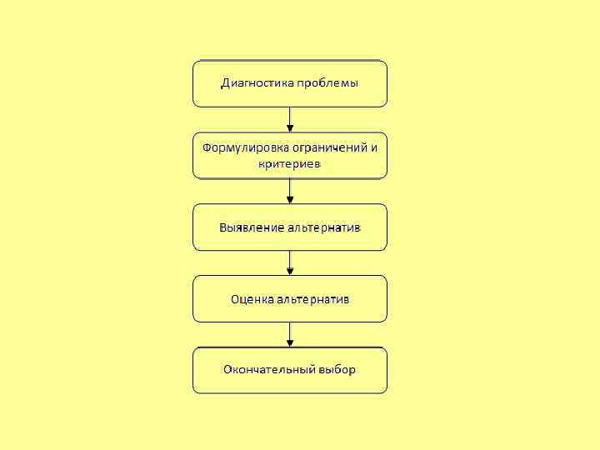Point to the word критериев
click(x=289, y=163)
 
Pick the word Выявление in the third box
click(x=252, y=227)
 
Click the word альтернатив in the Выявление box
click(x=324, y=227)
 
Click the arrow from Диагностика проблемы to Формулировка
click(x=290, y=118)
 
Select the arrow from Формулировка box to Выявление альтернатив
click(x=290, y=191)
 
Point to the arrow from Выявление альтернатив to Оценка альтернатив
click(x=290, y=262)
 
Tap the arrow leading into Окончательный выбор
click(x=290, y=334)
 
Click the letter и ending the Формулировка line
click(x=373, y=147)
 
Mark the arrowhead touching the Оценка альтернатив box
click(x=290, y=272)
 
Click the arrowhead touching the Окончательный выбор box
click(x=290, y=343)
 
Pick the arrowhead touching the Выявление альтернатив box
click(x=290, y=200)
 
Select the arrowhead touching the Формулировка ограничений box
click(x=290, y=128)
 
